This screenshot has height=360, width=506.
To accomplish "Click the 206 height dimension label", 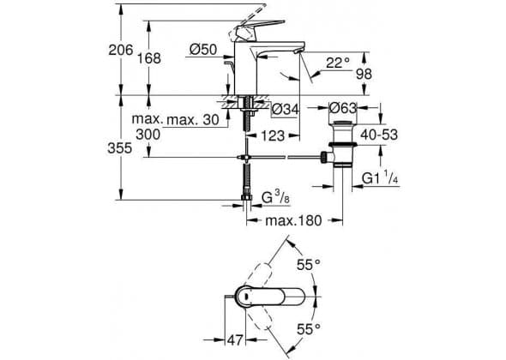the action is click(121, 50).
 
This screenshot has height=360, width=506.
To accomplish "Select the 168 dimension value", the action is click(148, 58).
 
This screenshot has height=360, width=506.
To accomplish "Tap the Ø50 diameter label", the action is click(203, 50).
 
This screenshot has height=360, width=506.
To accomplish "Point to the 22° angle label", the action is click(338, 63).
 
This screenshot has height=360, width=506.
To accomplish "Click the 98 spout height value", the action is click(364, 75).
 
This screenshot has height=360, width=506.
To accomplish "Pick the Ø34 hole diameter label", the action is click(285, 109).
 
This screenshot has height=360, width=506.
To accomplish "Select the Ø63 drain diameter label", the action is click(343, 108).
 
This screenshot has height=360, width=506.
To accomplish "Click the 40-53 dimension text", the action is click(379, 135).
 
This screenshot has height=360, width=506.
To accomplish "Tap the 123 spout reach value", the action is click(273, 135).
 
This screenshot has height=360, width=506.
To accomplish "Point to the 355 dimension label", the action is click(120, 148).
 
